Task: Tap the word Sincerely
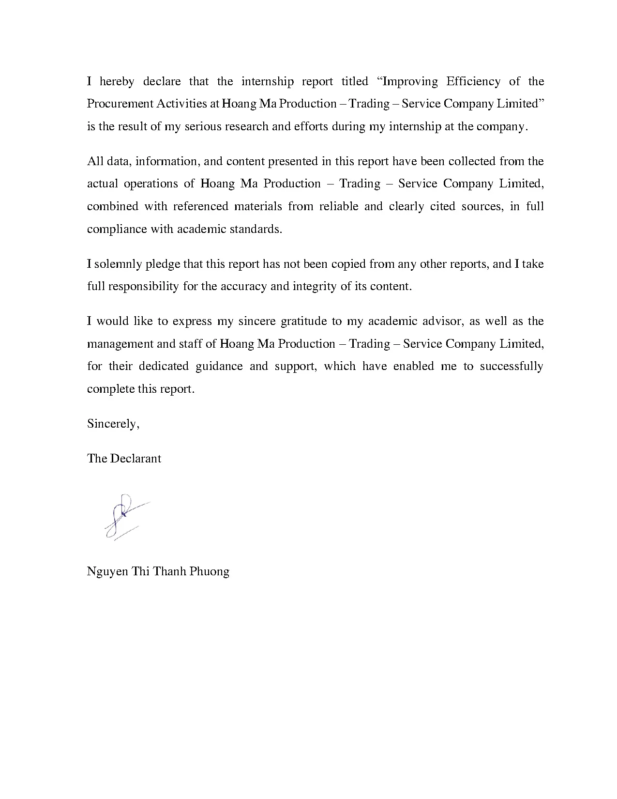[113, 424]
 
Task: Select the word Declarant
[135, 459]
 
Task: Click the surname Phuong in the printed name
[209, 572]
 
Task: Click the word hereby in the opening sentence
[117, 81]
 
